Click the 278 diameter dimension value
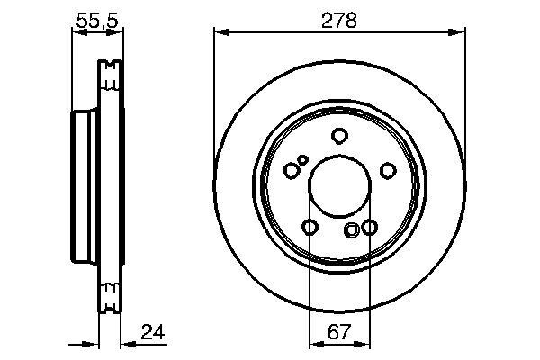click(339, 20)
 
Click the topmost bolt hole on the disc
click(339, 136)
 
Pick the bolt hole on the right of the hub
click(388, 170)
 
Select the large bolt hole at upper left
click(291, 170)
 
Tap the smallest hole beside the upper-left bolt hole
click(303, 160)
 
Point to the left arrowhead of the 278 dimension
click(219, 32)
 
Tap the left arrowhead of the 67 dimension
click(314, 343)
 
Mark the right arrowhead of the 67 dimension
click(364, 343)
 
